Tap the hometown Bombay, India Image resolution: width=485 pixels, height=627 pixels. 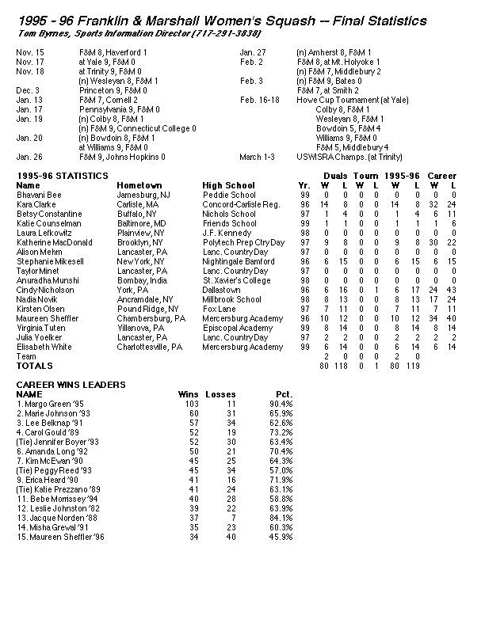coord(142,280)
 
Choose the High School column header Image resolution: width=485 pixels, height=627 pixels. coord(228,185)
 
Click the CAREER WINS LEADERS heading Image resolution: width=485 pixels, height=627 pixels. coord(71,384)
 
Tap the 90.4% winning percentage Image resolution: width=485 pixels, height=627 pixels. coord(281,403)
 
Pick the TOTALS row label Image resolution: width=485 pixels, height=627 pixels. coord(35,366)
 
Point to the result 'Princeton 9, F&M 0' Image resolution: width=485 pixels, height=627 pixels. coord(112,90)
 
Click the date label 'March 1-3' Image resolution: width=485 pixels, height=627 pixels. coord(256,157)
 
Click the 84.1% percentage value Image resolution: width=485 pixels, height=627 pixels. coord(281,518)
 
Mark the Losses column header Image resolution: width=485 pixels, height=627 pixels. coord(220,393)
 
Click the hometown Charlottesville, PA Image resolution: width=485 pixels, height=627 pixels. coord(150,347)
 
